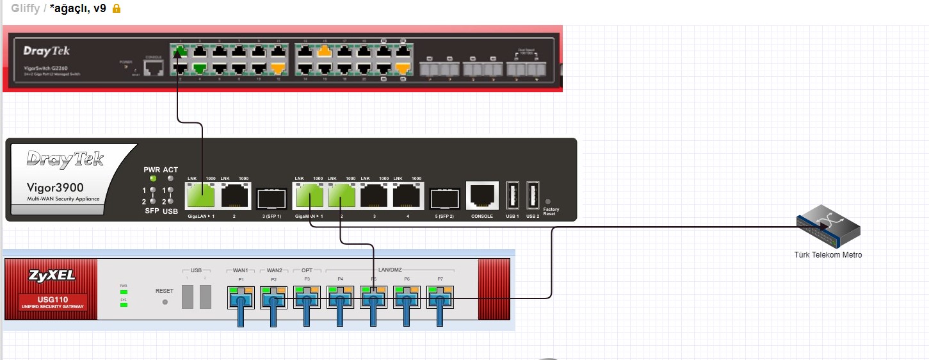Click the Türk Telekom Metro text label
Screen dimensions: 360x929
(x=828, y=255)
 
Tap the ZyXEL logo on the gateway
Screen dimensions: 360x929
(x=51, y=276)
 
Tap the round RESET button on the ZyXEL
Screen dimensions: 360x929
(x=165, y=301)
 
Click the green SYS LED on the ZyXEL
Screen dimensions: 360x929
(x=124, y=304)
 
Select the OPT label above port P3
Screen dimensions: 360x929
(x=307, y=271)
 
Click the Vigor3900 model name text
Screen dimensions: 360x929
(x=55, y=188)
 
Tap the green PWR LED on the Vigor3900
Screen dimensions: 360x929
(x=152, y=179)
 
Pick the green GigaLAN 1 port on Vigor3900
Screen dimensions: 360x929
(x=200, y=195)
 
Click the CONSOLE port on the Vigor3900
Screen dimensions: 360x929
(x=481, y=195)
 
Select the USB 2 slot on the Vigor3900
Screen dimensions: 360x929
(x=533, y=195)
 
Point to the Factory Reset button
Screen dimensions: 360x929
(x=547, y=201)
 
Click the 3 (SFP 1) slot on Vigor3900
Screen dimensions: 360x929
(x=271, y=199)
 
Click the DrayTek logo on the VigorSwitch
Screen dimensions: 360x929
(x=47, y=51)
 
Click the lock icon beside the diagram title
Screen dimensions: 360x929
(x=117, y=9)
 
